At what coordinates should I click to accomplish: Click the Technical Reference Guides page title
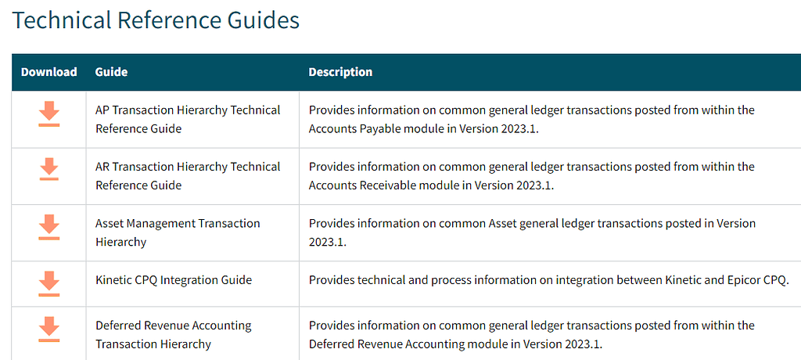(x=156, y=20)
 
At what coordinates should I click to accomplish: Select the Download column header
(x=48, y=72)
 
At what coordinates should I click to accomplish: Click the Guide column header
(x=111, y=72)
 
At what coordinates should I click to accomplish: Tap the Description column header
(x=340, y=72)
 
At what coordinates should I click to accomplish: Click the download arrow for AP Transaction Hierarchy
(x=49, y=113)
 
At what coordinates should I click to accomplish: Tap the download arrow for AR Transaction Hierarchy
(x=49, y=169)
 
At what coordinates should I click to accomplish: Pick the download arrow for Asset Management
(x=49, y=226)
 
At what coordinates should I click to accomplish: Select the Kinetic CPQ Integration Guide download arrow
(x=49, y=283)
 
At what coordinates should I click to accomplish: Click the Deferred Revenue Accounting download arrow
(x=49, y=329)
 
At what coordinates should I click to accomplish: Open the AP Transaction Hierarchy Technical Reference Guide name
(x=188, y=119)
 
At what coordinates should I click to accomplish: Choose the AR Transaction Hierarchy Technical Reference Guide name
(x=188, y=175)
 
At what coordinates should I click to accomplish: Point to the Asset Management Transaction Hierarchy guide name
(x=178, y=232)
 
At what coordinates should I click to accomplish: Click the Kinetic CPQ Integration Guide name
(x=174, y=279)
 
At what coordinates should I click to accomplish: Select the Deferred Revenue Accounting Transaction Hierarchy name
(x=173, y=334)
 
